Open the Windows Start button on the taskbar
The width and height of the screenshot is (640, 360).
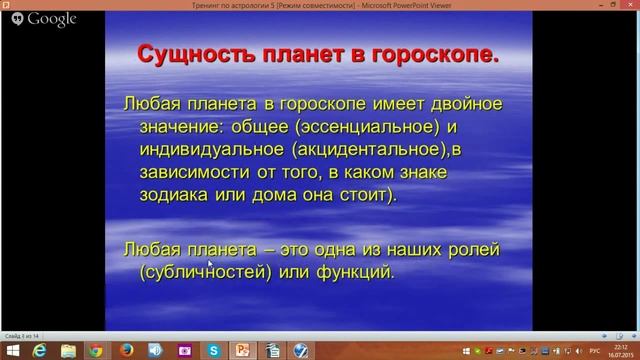pyautogui.click(x=13, y=349)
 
